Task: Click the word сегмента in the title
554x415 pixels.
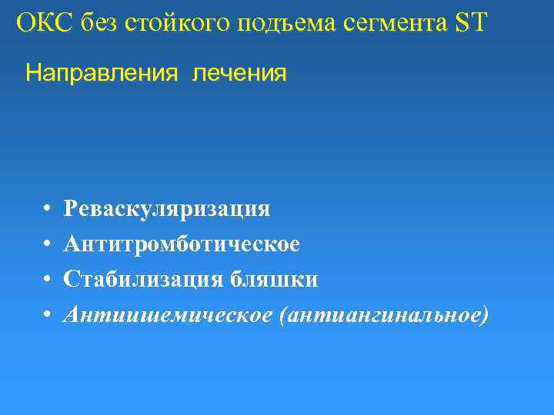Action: pos(389,23)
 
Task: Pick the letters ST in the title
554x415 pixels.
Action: pos(470,22)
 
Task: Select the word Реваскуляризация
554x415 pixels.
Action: pos(167,209)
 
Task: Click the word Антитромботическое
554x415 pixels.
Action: pos(182,244)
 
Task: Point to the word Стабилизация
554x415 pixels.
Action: pos(145,279)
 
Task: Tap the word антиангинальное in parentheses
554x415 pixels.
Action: pos(385,314)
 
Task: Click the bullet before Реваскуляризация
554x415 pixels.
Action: pos(47,209)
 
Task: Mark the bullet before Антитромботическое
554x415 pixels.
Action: pos(47,244)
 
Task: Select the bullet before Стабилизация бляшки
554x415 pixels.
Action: pos(47,279)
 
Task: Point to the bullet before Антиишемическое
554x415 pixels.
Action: pos(47,314)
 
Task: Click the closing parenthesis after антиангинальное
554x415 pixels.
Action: pos(484,315)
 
